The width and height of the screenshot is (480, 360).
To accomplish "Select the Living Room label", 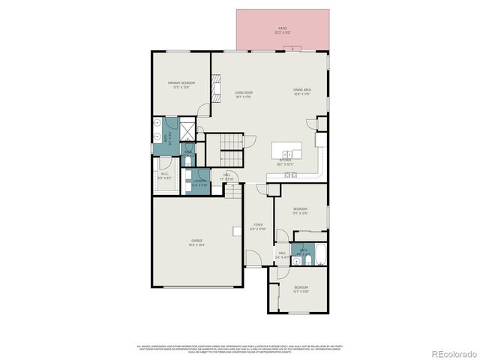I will [243, 94].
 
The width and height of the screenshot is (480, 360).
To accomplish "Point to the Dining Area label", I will [301, 91].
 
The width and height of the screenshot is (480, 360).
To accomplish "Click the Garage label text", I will [196, 242].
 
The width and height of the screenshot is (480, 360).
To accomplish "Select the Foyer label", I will [257, 226].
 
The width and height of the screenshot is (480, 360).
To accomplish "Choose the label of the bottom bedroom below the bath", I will [301, 289].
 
